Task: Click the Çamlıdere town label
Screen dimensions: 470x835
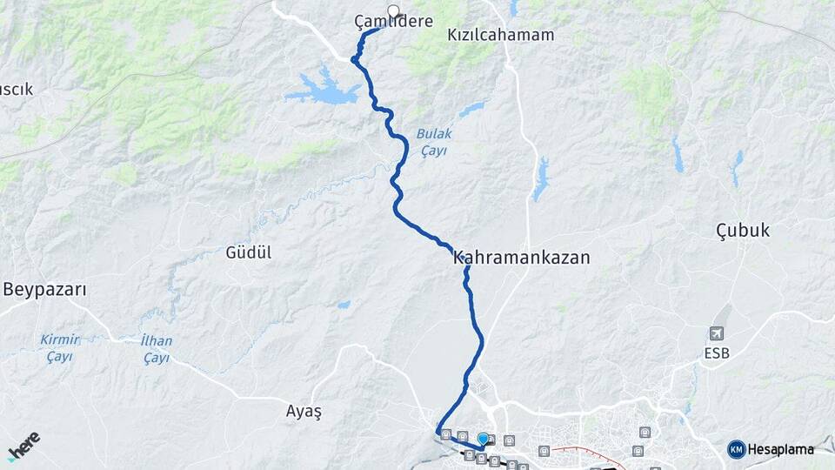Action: [393, 21]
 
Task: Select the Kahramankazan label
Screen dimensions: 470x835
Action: [521, 258]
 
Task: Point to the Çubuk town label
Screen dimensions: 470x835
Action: [742, 231]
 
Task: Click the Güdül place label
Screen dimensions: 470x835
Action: [249, 252]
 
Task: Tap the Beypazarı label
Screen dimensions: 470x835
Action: [44, 290]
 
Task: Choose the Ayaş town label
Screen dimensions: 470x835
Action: [304, 412]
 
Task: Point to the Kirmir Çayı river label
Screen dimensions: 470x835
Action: [60, 347]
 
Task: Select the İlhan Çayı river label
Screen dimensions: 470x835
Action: [156, 348]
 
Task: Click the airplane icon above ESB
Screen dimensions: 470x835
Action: [717, 333]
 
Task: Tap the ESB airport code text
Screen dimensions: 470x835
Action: [717, 353]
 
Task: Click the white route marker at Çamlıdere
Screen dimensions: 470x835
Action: [393, 11]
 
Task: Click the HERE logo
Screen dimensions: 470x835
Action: [23, 446]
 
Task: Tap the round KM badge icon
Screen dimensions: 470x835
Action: [736, 449]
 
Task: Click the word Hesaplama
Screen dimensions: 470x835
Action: [780, 449]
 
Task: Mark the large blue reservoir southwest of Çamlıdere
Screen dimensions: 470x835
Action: [324, 89]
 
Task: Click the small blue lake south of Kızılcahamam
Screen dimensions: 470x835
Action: [541, 179]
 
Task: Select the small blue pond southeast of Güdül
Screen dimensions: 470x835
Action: [344, 305]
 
